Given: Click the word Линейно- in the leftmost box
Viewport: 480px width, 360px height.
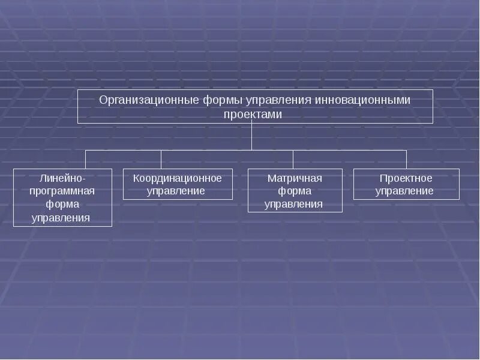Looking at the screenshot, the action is [x=62, y=178].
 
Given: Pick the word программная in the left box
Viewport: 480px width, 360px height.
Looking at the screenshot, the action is [x=62, y=191].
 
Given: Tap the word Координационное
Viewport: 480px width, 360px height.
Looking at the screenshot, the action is [x=178, y=178].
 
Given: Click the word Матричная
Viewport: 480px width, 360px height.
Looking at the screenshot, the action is [x=295, y=178].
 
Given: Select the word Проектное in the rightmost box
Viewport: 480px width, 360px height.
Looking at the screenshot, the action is [x=406, y=178].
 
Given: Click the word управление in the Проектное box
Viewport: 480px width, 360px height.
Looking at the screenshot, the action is [x=406, y=191].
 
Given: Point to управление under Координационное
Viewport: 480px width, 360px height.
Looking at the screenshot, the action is [x=178, y=191].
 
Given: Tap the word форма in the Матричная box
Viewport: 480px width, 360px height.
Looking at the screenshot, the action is [x=295, y=191].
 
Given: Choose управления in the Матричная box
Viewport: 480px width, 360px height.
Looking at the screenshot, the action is [x=295, y=205].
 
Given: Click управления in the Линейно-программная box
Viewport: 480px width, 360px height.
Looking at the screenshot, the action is [x=62, y=218].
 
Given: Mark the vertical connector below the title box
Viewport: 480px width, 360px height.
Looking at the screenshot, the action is [x=252, y=137].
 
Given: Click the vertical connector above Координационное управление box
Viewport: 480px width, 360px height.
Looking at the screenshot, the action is [x=161, y=160].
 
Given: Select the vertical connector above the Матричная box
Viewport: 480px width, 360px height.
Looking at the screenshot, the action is [x=293, y=160].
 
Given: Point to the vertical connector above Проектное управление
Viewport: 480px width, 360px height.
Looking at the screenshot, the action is [x=406, y=160].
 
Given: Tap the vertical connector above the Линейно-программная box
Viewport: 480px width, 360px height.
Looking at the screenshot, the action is [x=85, y=160].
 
